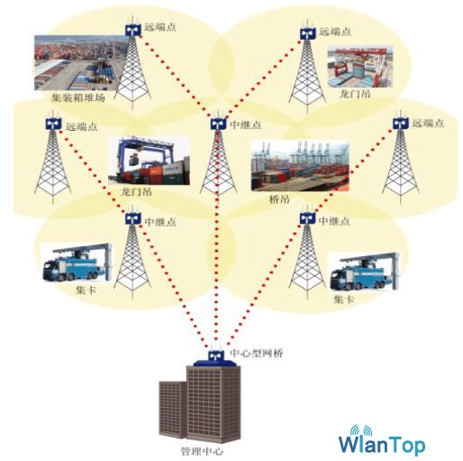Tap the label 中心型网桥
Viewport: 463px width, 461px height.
[257, 353]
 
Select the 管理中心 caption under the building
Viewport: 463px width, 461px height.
[202, 451]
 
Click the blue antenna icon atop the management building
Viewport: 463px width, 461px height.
[216, 355]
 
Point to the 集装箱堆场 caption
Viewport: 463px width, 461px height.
[78, 97]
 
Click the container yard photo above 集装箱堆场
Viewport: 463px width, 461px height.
[79, 62]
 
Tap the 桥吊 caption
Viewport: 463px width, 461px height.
[279, 199]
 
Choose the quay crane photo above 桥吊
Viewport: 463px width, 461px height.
[300, 166]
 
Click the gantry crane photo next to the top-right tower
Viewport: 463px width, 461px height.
[360, 67]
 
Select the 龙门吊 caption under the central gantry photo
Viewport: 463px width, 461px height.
[136, 192]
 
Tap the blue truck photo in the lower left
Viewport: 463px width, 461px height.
[77, 263]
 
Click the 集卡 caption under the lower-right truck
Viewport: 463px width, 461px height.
[344, 300]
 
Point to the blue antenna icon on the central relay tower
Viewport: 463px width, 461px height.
[218, 124]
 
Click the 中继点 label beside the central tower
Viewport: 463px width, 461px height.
[245, 124]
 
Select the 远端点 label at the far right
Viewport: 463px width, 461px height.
[428, 124]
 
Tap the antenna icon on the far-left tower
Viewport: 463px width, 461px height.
[53, 124]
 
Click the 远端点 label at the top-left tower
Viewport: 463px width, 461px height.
[160, 27]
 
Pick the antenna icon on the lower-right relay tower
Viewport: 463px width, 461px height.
[307, 218]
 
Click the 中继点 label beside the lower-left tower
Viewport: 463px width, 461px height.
[160, 222]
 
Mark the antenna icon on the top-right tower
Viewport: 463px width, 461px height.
[308, 33]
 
